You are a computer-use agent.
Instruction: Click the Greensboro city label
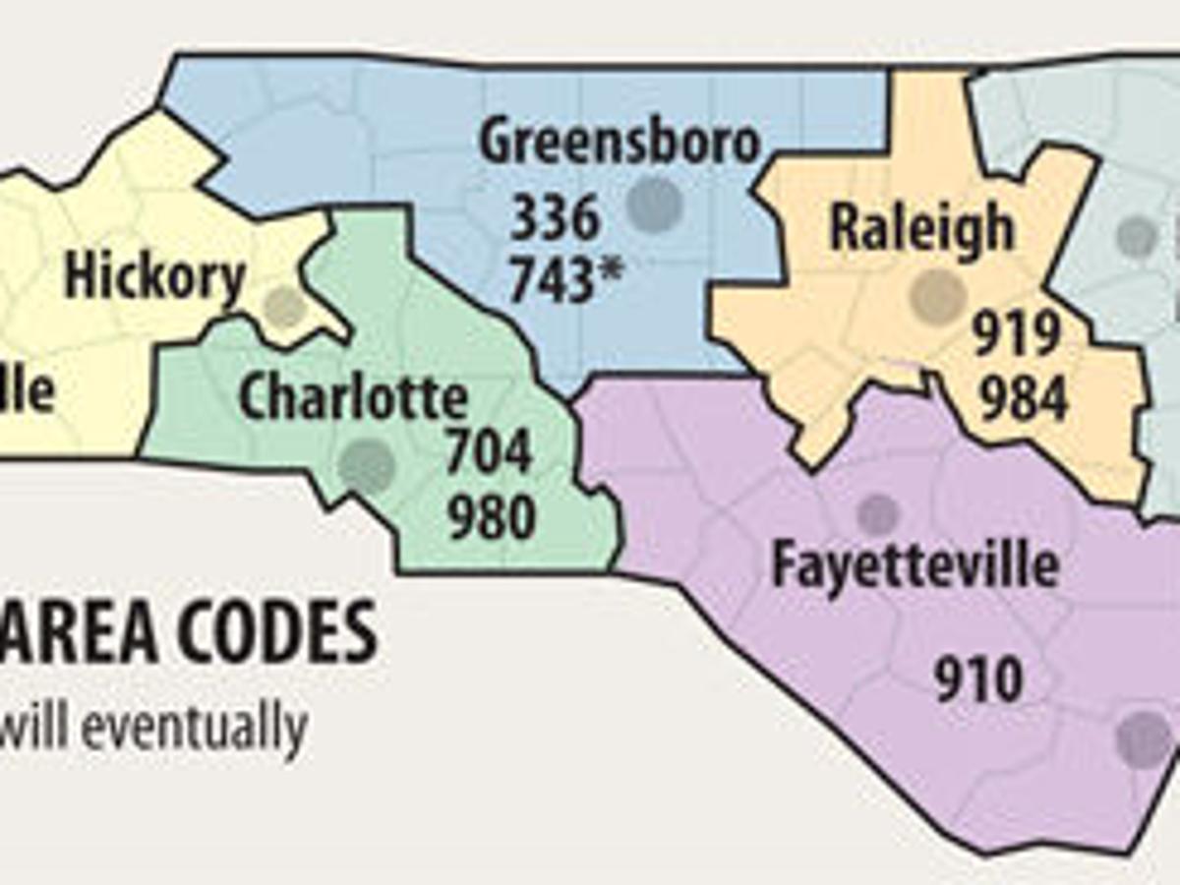tap(619, 144)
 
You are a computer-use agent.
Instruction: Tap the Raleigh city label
tap(921, 227)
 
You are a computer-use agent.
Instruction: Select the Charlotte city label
tap(353, 397)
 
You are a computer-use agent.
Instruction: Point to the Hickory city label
tap(154, 277)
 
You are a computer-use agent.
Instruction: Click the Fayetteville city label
tap(915, 565)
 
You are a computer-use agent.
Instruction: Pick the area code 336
tap(554, 217)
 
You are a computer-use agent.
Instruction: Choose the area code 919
tap(1017, 336)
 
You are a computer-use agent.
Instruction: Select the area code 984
tap(1024, 398)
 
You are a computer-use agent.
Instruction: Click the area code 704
tap(490, 453)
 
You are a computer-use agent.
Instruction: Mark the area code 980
tap(492, 518)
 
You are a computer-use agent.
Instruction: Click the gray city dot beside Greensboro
tap(655, 205)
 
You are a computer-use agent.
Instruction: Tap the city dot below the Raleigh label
tap(935, 295)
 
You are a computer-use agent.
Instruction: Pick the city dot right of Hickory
tap(286, 307)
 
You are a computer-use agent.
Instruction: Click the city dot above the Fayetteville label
tap(877, 514)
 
